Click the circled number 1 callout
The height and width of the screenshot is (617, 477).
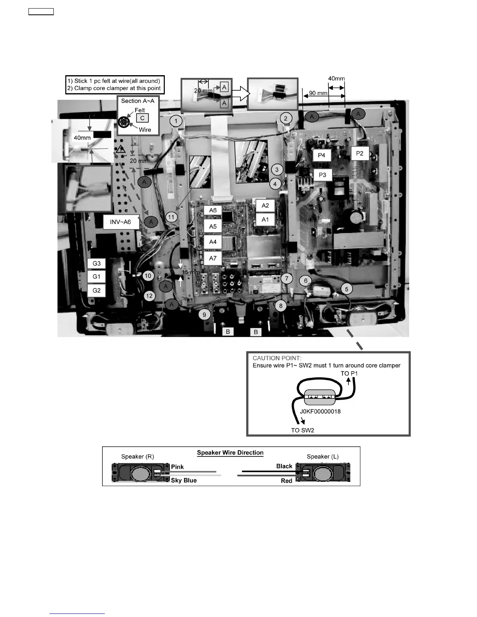pos(176,121)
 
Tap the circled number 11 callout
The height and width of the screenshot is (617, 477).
pos(172,217)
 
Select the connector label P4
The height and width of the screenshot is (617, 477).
pos(322,155)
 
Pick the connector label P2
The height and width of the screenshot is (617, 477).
pos(359,153)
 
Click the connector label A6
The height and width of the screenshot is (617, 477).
pos(213,210)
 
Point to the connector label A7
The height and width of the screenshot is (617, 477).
pos(213,258)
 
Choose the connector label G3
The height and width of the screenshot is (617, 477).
pos(97,263)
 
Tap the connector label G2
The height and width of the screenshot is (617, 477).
pos(97,290)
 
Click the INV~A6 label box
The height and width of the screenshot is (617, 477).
pos(120,222)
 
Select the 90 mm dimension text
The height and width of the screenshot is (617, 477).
pos(318,93)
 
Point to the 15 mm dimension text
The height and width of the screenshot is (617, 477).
pos(191,272)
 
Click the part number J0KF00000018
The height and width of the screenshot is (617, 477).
pos(320,411)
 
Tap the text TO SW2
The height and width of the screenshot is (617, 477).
pos(302,430)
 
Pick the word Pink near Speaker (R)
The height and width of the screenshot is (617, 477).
pos(177,467)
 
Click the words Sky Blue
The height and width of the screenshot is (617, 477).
pos(184,480)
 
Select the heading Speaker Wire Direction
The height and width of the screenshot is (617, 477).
pos(230,453)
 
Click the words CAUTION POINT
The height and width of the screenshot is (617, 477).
pos(277,358)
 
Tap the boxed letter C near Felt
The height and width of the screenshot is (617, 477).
pos(142,118)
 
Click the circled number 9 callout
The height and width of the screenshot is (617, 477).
pos(204,315)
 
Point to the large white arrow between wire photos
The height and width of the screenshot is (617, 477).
pos(240,94)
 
